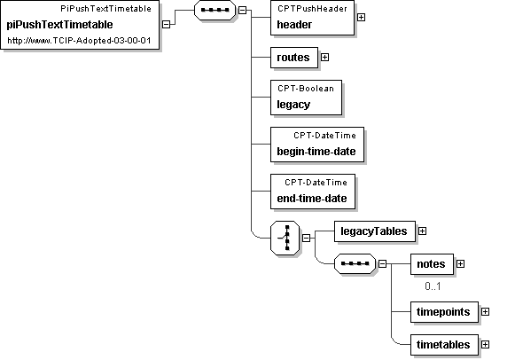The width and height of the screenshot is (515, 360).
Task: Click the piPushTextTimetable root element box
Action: (80, 25)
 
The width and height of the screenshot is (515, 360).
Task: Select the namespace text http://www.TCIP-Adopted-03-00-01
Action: (79, 41)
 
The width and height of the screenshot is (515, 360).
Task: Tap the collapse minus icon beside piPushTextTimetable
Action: (166, 24)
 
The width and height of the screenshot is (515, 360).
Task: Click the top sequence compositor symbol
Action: (215, 10)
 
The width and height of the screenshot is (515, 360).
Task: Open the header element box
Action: (312, 18)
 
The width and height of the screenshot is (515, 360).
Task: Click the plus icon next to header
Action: (361, 17)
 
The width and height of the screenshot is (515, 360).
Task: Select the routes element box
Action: (294, 58)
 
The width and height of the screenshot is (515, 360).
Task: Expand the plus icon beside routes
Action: (324, 57)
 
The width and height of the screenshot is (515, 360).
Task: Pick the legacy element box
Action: (306, 98)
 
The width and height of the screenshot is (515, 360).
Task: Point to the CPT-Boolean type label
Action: (306, 89)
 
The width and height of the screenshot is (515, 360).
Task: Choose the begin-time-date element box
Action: (317, 145)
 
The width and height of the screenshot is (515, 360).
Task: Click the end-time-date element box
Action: (313, 192)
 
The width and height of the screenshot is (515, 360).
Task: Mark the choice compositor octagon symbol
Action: (285, 238)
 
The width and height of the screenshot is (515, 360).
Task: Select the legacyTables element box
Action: (375, 231)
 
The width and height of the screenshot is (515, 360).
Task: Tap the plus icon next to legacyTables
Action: (422, 231)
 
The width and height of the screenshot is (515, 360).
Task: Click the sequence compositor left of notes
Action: (355, 263)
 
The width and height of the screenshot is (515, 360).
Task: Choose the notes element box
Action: (432, 264)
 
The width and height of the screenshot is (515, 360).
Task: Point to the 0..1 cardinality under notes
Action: (433, 286)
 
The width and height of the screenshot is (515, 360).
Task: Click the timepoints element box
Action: (444, 312)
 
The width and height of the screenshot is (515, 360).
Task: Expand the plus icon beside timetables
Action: (485, 344)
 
